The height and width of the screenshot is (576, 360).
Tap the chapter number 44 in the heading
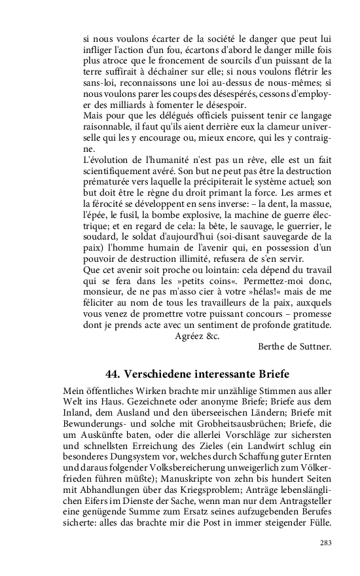(x=114, y=374)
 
